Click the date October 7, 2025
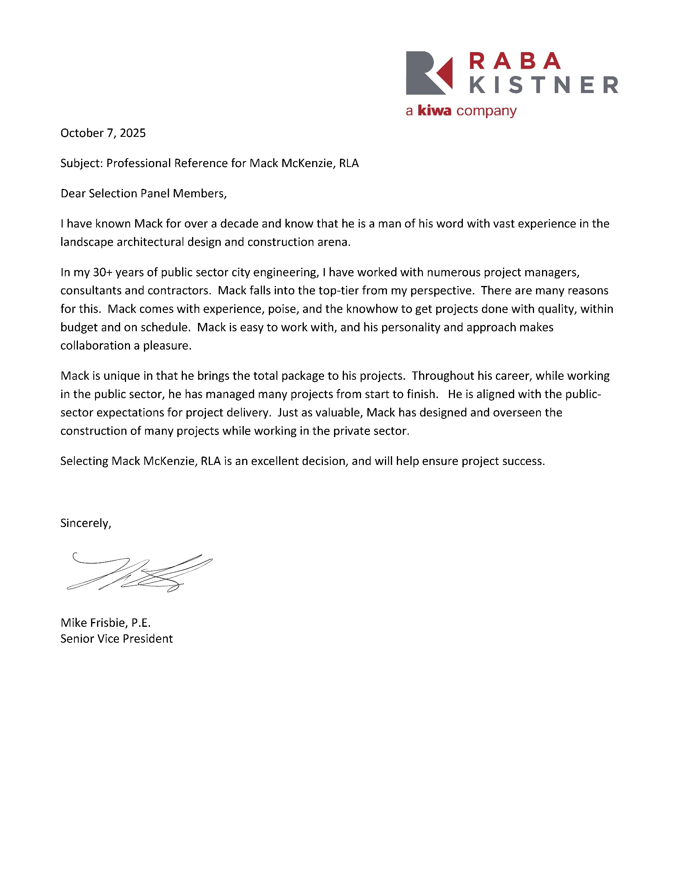coord(103,133)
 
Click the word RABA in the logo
coord(515,61)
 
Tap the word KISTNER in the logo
coord(544,85)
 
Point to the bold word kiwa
coord(435,111)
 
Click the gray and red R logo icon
coord(429,73)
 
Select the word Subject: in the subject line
coord(82,163)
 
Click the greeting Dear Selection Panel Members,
coord(144,194)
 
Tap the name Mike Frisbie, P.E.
coord(105,622)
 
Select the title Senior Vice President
coord(117,639)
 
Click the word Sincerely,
coord(86,523)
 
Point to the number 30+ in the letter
coord(103,272)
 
